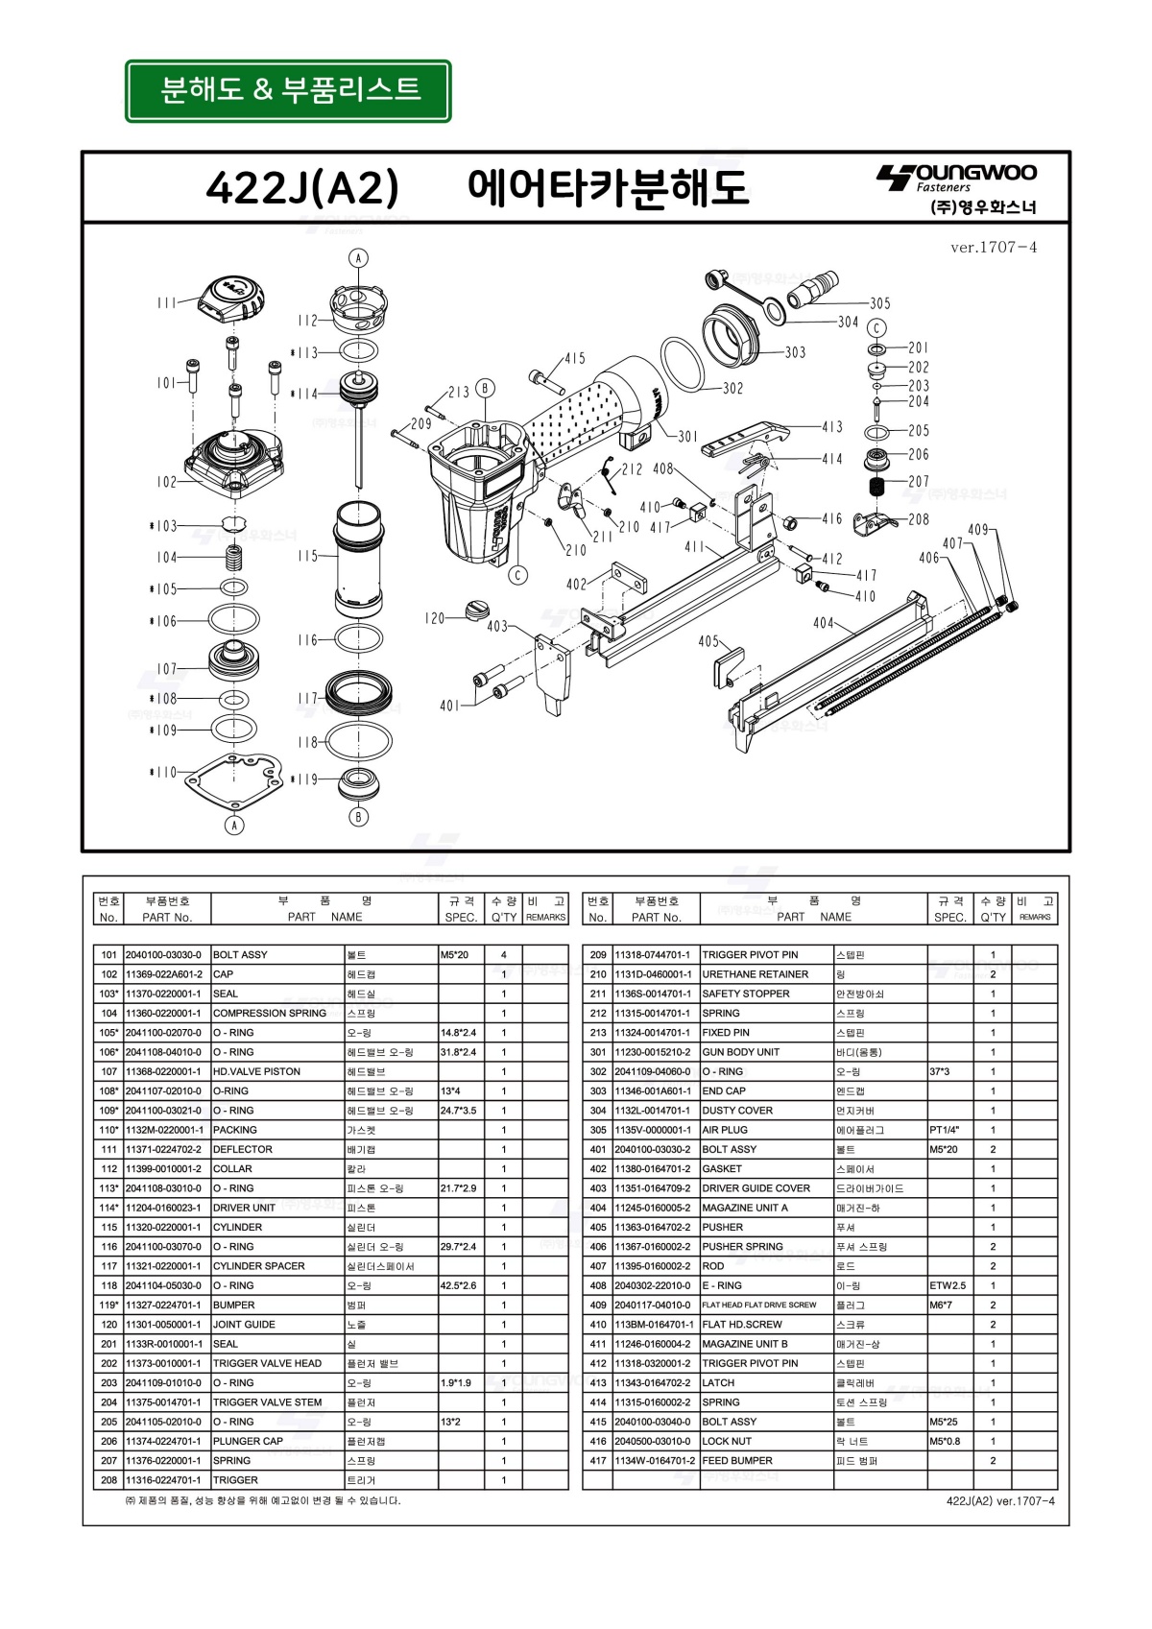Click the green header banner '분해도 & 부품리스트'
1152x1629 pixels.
tap(288, 91)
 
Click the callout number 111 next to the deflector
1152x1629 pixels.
tap(167, 302)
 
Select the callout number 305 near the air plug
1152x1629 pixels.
tap(879, 303)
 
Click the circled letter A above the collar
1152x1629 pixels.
tap(358, 258)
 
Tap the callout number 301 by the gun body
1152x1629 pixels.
tap(688, 436)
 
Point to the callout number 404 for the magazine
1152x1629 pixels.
tap(824, 623)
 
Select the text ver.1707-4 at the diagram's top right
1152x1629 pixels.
tap(993, 248)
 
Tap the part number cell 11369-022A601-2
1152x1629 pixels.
tap(164, 974)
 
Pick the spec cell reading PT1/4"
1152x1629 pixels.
tap(945, 1130)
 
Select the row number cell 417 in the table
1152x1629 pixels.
tap(598, 1461)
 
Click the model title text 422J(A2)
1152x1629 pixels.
tap(301, 188)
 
